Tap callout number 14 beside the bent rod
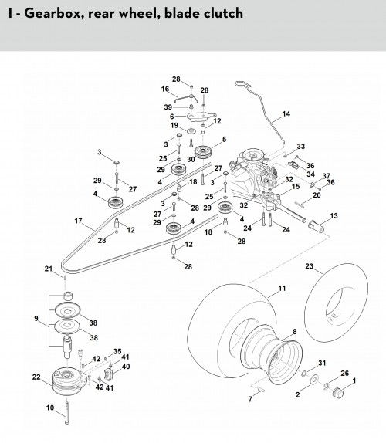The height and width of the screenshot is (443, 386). pyautogui.click(x=286, y=113)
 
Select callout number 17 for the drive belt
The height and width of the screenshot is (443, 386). pyautogui.click(x=78, y=221)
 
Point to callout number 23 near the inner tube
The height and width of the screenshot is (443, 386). pyautogui.click(x=310, y=266)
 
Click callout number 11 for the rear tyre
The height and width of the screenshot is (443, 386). pyautogui.click(x=282, y=288)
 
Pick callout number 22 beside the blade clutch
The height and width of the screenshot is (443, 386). pyautogui.click(x=36, y=377)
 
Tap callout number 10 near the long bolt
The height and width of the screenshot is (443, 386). pyautogui.click(x=50, y=407)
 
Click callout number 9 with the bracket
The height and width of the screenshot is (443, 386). pyautogui.click(x=36, y=319)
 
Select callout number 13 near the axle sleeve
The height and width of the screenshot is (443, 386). pyautogui.click(x=334, y=216)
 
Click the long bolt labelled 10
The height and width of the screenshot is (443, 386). pyautogui.click(x=66, y=412)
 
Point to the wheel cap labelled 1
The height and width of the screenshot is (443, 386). pyautogui.click(x=337, y=392)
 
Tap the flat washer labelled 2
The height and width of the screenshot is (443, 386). pyautogui.click(x=313, y=380)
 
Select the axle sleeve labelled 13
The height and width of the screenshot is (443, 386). pyautogui.click(x=316, y=226)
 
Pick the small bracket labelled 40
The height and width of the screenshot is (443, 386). pyautogui.click(x=109, y=374)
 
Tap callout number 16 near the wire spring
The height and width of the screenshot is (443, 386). pyautogui.click(x=165, y=89)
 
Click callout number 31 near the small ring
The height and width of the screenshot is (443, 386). pyautogui.click(x=322, y=363)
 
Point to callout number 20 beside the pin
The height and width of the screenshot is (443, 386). pyautogui.click(x=317, y=195)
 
